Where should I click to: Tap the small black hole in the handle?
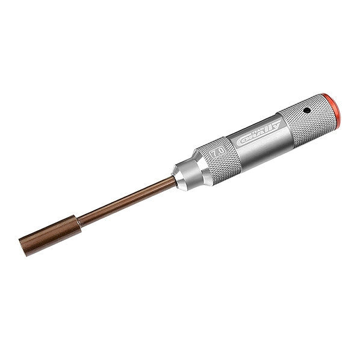click(306, 111)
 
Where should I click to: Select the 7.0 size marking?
click(218, 152)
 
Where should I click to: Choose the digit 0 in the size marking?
click(221, 150)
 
